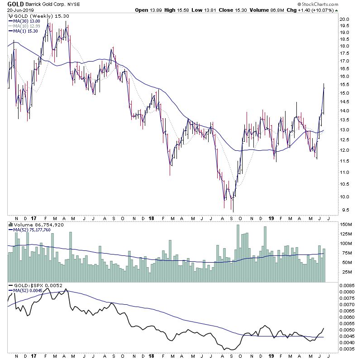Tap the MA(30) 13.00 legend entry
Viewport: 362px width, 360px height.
click(x=27, y=21)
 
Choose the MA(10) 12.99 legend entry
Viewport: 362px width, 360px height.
click(x=27, y=26)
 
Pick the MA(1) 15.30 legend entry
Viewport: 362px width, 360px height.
click(x=25, y=31)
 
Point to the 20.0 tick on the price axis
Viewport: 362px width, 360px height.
click(x=345, y=19)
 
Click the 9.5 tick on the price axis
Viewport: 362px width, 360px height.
click(x=345, y=210)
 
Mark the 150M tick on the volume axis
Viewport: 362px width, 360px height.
click(x=346, y=224)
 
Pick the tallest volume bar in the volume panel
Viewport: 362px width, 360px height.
click(x=238, y=254)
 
